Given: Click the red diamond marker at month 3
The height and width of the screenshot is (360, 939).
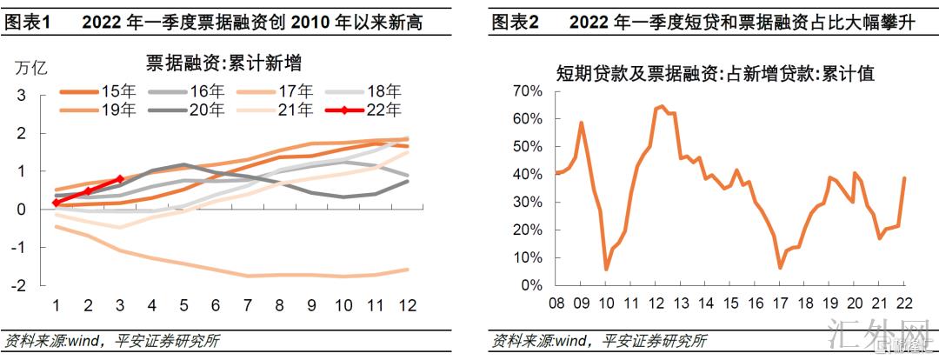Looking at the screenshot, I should (120, 179).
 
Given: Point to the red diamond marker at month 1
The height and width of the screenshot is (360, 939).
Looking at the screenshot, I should (57, 203).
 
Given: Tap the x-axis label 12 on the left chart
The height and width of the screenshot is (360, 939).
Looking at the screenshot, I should (405, 305).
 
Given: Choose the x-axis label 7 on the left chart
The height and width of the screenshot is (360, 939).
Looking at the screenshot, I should (247, 305).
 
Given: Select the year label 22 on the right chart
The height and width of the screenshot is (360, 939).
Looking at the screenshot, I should (905, 303).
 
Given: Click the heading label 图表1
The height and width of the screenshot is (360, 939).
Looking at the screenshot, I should (30, 21).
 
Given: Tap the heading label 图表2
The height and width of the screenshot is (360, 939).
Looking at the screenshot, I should (515, 21).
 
